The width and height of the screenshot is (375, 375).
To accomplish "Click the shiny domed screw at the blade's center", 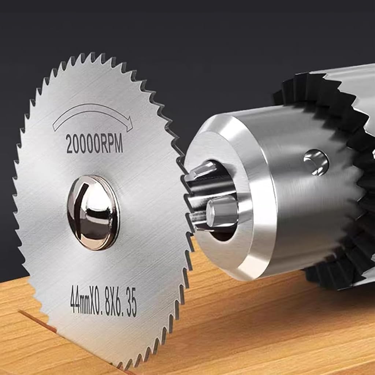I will (x=93, y=212).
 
